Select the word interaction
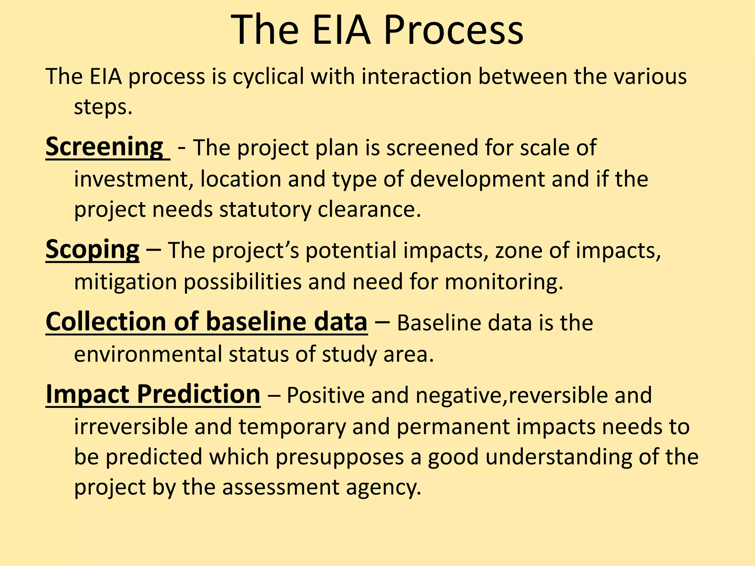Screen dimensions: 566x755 (417, 77)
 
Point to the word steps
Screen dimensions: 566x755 (103, 108)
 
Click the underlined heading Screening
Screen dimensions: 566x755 (105, 147)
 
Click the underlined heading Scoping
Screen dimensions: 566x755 (93, 250)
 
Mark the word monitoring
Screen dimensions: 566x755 (504, 282)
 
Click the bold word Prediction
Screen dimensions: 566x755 (199, 394)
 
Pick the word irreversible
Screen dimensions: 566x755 (131, 427)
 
